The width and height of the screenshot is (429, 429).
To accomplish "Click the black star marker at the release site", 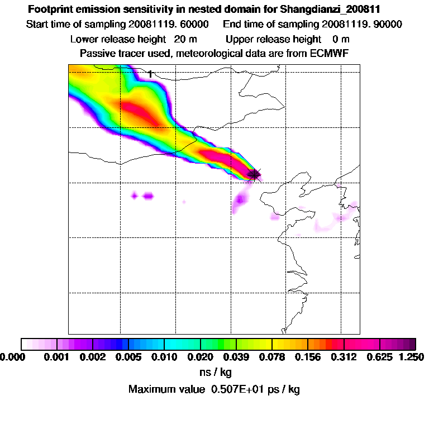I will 254,174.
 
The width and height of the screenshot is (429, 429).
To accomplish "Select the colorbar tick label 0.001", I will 58,356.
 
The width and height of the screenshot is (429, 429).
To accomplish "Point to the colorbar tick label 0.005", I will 128,356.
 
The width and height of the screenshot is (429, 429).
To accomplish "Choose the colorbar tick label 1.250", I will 411,356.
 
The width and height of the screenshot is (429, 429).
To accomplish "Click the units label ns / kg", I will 214,371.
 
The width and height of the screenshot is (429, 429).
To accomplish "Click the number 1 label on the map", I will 150,74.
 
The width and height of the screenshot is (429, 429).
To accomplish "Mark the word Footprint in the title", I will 50,9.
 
